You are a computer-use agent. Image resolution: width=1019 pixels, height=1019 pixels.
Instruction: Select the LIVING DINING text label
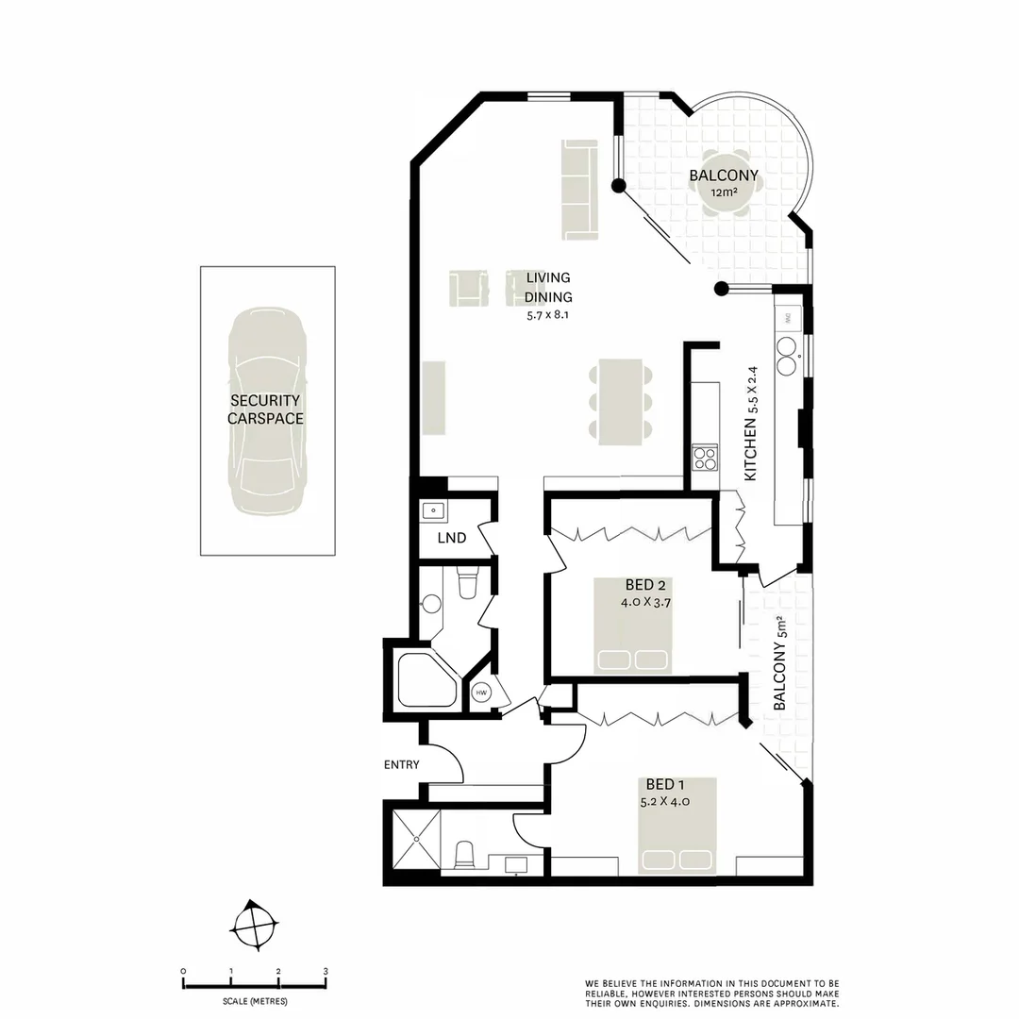coord(548,287)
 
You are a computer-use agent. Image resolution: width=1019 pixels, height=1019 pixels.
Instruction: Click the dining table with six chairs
coord(621,400)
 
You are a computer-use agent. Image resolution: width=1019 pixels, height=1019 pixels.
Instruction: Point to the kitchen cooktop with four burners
coord(704,458)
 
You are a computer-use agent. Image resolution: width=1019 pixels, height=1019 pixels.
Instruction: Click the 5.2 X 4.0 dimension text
coord(666,802)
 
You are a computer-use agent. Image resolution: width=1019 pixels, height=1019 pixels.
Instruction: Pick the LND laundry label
coord(452,539)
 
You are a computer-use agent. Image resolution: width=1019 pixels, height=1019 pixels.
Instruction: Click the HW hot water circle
coord(481,693)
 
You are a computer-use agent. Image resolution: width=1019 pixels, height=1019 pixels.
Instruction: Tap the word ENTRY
coord(401,764)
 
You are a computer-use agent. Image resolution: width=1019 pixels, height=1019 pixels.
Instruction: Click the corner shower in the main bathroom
coord(426,677)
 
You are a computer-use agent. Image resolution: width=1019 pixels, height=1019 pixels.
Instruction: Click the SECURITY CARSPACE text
coord(266,409)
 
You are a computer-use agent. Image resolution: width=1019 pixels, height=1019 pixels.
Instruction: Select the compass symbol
coord(255,924)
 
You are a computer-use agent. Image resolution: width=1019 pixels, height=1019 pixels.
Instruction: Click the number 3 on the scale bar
coord(325,971)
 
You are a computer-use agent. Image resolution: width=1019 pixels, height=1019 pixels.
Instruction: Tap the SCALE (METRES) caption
coord(256,1001)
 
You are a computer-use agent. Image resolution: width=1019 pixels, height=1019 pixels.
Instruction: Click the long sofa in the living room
coord(576,189)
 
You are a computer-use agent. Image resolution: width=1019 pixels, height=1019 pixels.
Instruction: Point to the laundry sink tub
coord(433,510)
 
